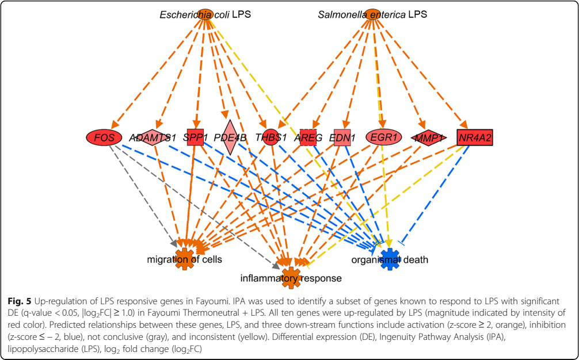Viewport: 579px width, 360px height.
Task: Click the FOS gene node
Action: pyautogui.click(x=104, y=137)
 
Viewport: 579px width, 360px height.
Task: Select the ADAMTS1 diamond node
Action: pyautogui.click(x=150, y=138)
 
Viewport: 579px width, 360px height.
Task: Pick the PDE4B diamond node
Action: pyautogui.click(x=230, y=137)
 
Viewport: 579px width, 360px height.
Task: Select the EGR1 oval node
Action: pyautogui.click(x=382, y=138)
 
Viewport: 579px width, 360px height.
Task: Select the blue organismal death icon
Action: pyautogui.click(x=390, y=258)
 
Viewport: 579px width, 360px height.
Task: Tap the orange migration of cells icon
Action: pyautogui.click(x=185, y=258)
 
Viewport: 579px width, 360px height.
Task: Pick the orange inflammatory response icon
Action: pyautogui.click(x=291, y=277)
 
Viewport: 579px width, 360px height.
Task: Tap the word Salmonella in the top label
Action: pyautogui.click(x=342, y=14)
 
